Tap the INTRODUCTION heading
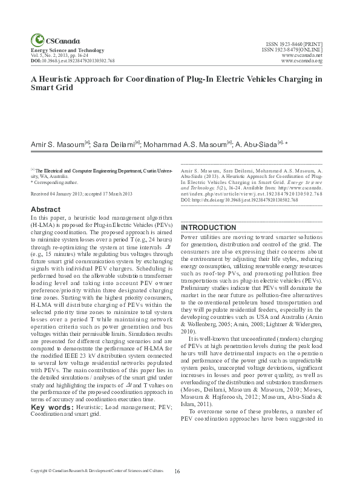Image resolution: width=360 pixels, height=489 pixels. (x=211, y=228)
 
